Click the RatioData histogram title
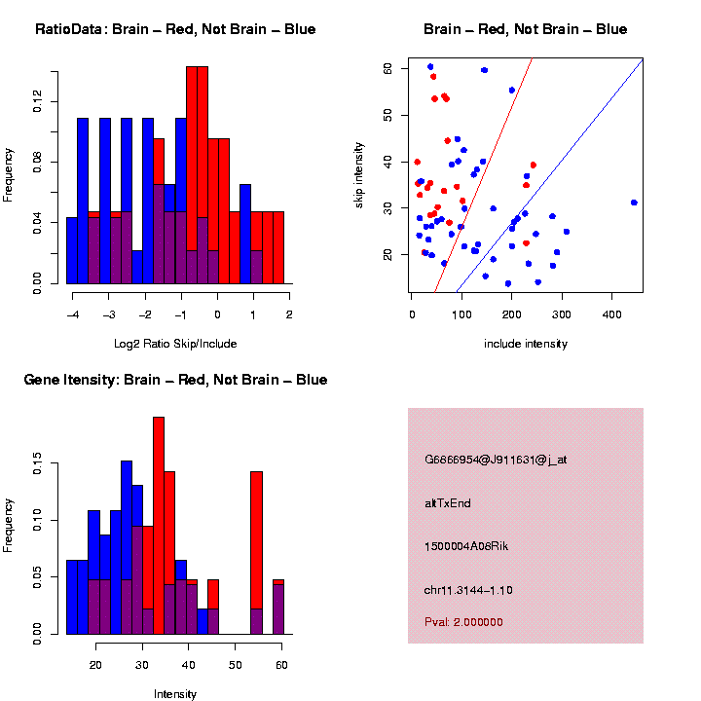175,29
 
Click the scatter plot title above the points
525,29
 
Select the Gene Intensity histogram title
175,380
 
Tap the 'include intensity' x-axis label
526,344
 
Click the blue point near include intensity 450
634,203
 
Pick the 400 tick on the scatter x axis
611,316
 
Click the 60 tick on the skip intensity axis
387,69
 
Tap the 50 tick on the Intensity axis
235,664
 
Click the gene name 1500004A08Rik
466,546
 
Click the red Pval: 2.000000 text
463,621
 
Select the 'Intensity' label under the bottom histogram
175,694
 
